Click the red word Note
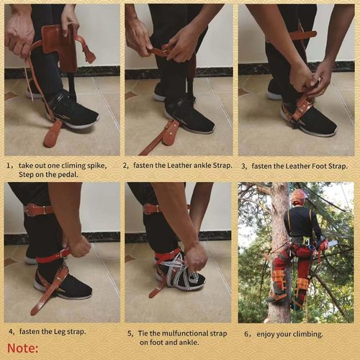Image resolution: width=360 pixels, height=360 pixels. [22, 348]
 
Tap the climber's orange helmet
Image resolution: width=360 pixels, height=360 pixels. [299, 196]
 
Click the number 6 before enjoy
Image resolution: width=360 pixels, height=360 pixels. [246, 334]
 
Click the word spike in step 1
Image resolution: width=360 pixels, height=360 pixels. [96, 166]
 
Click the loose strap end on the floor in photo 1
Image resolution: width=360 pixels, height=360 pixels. [53, 134]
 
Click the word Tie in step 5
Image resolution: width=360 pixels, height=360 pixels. [142, 333]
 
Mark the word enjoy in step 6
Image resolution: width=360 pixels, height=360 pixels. [266, 335]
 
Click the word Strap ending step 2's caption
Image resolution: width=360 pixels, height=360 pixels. [222, 166]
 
